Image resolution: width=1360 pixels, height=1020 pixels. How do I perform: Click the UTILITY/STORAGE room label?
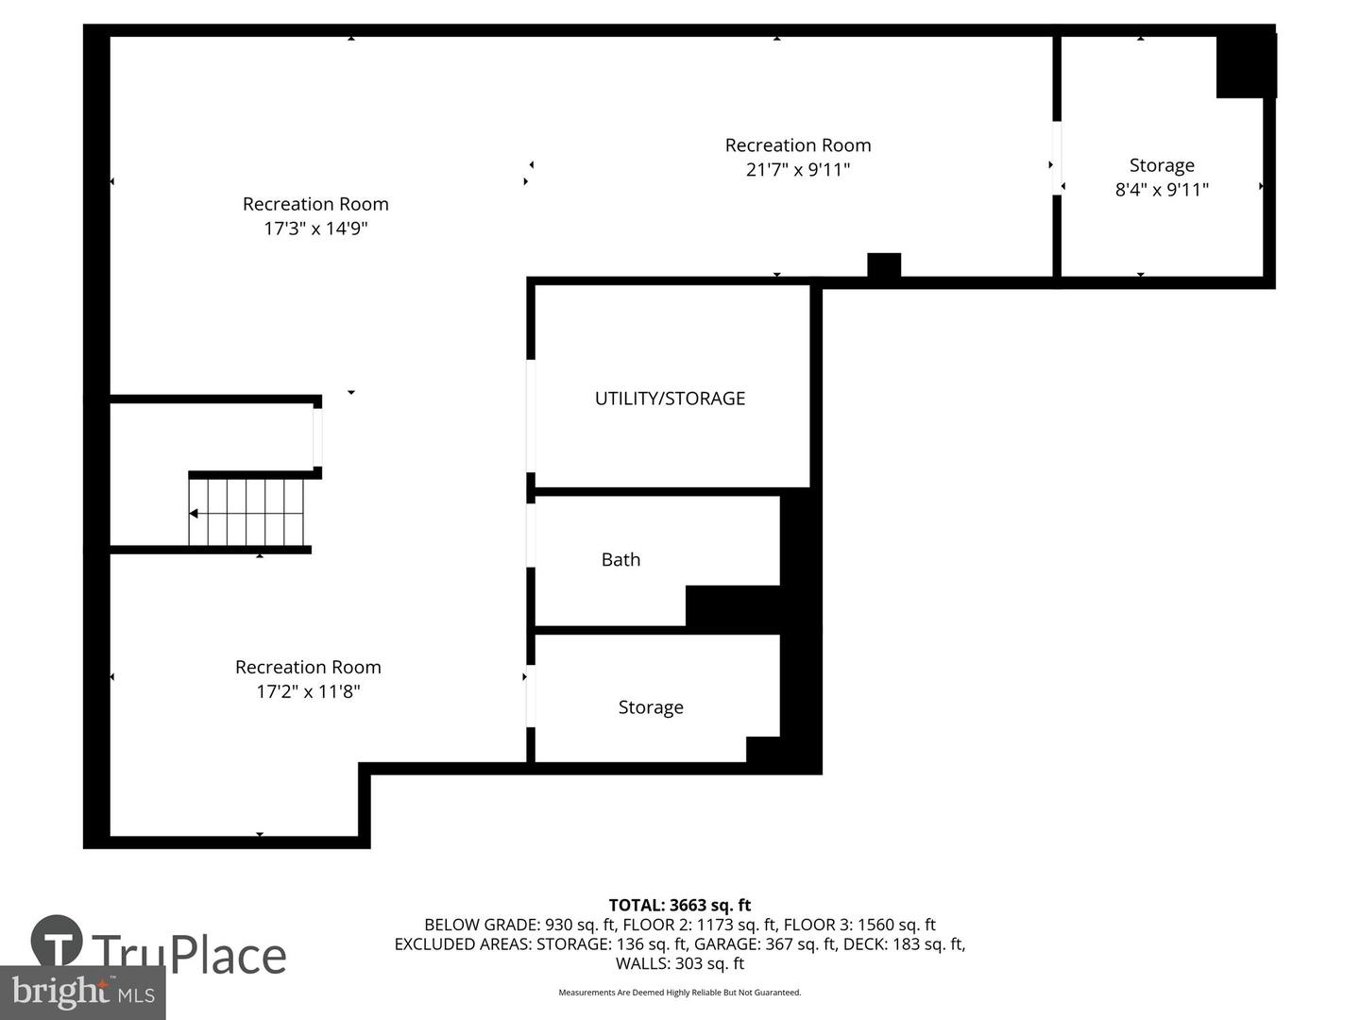coord(670,399)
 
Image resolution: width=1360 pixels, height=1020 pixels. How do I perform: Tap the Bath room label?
coord(620,559)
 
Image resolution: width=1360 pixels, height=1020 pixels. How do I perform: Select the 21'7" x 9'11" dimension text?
coord(798,170)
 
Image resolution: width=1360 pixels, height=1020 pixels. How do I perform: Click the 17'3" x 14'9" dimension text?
coord(315,229)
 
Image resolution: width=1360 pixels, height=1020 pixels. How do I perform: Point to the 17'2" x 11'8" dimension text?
coord(308,691)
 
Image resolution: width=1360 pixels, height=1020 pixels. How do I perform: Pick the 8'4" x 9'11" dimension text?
coord(1162,190)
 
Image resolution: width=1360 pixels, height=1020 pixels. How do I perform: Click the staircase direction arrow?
coord(194,514)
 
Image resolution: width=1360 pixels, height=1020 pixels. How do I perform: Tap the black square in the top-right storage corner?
coord(1245,66)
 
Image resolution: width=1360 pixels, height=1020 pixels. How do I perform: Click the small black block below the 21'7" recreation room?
coord(884,265)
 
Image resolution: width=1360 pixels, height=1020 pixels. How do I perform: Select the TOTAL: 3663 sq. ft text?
coord(680,905)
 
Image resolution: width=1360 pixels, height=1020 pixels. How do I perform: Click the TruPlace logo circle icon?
coord(57,941)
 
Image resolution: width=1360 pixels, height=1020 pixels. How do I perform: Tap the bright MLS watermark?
coord(83,992)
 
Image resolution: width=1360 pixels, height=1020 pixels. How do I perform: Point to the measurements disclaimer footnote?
coord(680,993)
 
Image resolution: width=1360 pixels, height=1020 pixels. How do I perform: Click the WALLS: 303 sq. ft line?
coord(680,963)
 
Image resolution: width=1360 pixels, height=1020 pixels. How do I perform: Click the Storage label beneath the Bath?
coord(651,707)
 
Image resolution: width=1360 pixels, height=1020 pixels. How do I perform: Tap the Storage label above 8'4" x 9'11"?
coord(1162,165)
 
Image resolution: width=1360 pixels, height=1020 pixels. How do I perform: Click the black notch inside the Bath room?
coord(732,605)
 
